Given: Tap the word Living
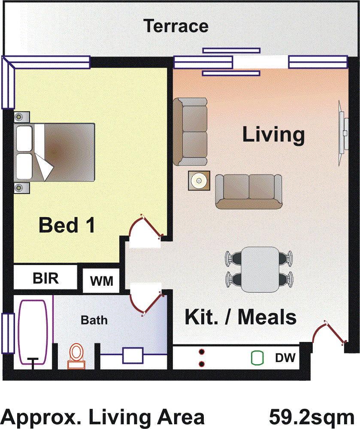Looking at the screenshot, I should (273, 135).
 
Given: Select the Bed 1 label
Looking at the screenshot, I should (67, 225).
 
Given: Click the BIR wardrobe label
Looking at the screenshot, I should (45, 278).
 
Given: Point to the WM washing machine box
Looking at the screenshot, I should (102, 281).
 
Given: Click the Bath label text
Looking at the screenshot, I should (94, 320).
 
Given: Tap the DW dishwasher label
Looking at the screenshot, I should (285, 357).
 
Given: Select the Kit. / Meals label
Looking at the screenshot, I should (240, 317).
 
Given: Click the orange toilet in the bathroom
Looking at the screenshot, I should (77, 356).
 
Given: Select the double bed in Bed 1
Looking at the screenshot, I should (55, 152).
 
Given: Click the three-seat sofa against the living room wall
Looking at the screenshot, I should (191, 132).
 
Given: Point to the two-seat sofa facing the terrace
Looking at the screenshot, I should (248, 191).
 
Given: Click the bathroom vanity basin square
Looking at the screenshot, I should (133, 356).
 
